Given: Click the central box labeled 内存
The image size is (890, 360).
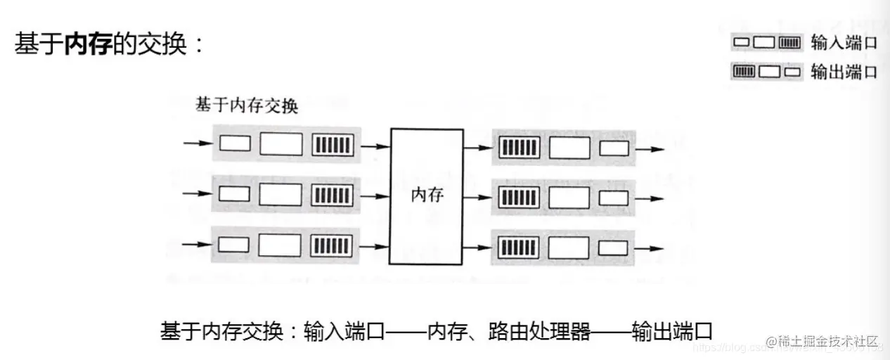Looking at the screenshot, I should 427,195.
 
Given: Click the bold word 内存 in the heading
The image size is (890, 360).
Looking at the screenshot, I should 87,44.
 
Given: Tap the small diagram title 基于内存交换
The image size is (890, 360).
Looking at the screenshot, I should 247,106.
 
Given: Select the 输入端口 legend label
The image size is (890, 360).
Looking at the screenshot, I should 844,43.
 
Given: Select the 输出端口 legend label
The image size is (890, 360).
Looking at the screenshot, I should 844,72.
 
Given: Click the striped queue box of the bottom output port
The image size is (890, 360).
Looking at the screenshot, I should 519,249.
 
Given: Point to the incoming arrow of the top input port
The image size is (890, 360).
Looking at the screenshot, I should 197,143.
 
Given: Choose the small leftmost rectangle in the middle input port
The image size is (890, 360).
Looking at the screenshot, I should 234,195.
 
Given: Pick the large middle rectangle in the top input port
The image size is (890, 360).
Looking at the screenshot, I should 280,144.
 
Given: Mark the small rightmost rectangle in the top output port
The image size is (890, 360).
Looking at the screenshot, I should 614,148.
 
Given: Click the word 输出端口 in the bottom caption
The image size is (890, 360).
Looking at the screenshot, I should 673,331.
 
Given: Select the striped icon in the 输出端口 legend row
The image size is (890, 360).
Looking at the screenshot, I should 744,71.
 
